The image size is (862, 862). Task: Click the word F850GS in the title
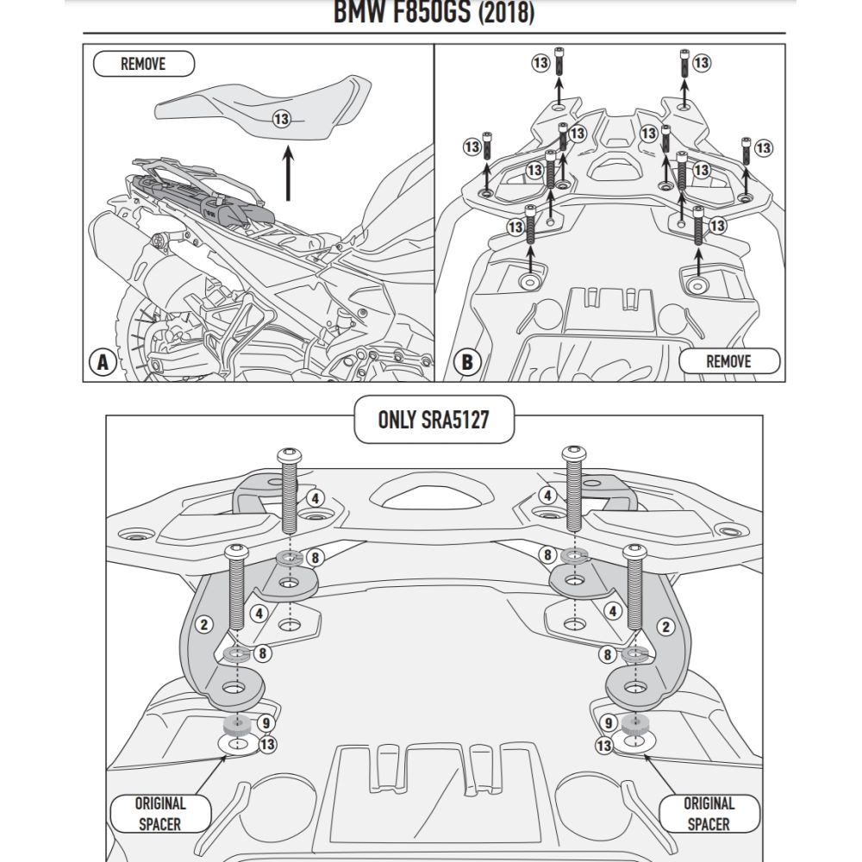[x=423, y=13]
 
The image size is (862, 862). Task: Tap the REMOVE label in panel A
[x=143, y=64]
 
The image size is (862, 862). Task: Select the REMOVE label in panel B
[x=728, y=361]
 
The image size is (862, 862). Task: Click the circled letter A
[x=103, y=363]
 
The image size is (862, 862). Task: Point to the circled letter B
[x=466, y=362]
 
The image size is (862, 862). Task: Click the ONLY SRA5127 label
[x=434, y=420]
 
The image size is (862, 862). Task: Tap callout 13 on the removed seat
[x=282, y=119]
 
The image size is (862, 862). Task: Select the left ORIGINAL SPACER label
[x=159, y=814]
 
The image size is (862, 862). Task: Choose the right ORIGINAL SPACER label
[x=709, y=814]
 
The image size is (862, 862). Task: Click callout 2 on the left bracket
[x=204, y=624]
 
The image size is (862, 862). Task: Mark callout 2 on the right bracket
[x=665, y=627]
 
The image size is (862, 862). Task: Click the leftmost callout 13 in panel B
[x=472, y=147]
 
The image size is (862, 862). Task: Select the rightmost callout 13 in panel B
[x=764, y=148]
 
